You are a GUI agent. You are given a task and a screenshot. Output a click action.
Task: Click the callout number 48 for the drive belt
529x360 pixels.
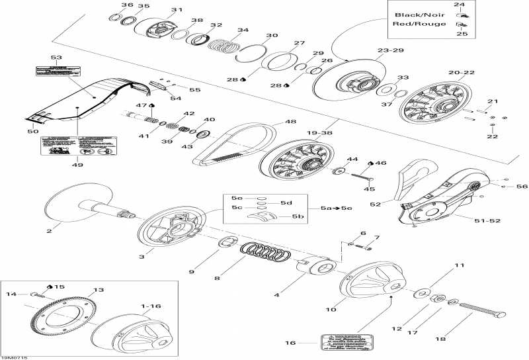[290, 122]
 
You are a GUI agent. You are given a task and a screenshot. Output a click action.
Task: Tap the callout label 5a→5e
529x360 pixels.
[336, 208]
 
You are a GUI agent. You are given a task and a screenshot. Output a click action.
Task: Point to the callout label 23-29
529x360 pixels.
[389, 50]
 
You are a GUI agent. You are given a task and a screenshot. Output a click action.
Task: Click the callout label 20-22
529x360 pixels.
[462, 72]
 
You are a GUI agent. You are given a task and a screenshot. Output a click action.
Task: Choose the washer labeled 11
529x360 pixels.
[421, 294]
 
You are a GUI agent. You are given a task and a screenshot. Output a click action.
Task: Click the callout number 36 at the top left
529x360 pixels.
[127, 5]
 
